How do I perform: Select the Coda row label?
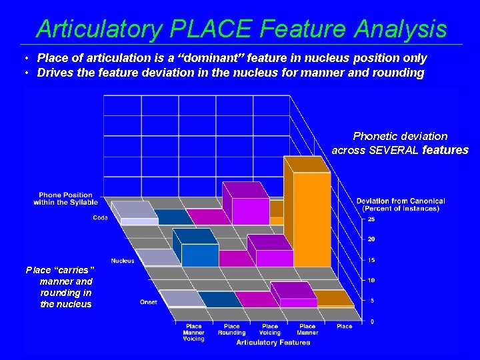click(x=100, y=217)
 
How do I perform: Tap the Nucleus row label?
click(x=123, y=261)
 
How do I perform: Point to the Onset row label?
click(x=149, y=302)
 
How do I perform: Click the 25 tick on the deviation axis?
click(x=371, y=219)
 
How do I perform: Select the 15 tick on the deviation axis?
click(x=371, y=259)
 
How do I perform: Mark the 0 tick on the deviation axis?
click(x=371, y=321)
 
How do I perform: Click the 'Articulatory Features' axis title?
click(x=273, y=343)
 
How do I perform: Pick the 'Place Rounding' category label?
click(x=231, y=329)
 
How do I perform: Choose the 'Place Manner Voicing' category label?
click(x=193, y=333)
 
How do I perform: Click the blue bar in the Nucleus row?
click(x=199, y=254)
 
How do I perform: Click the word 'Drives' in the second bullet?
click(x=54, y=73)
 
